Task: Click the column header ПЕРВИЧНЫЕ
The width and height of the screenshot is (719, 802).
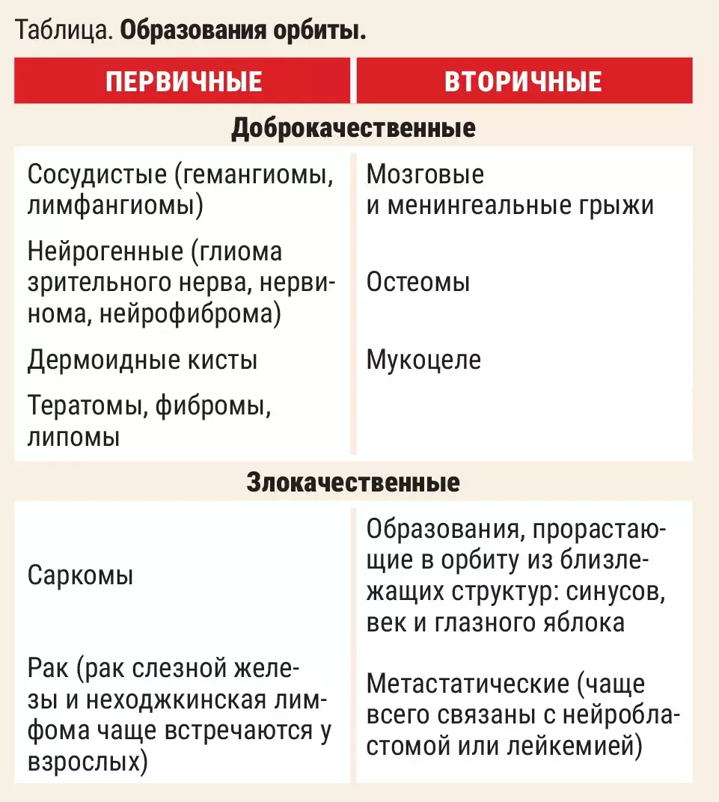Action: (x=184, y=81)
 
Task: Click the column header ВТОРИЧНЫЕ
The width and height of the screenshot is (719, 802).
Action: (x=523, y=81)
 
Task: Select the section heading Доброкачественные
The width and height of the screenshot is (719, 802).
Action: (x=353, y=128)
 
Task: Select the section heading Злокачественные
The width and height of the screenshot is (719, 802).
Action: (x=353, y=483)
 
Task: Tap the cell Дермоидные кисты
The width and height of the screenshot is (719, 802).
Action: (x=142, y=360)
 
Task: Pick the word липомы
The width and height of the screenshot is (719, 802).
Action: (x=73, y=437)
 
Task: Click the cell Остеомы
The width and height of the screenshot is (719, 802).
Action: (x=418, y=283)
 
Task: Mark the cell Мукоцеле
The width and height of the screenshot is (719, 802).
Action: (x=423, y=360)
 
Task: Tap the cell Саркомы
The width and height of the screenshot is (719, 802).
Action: (x=80, y=576)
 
